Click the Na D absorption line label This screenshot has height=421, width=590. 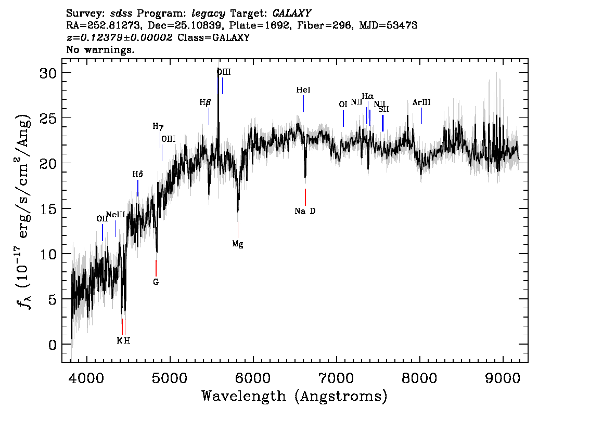click(305, 211)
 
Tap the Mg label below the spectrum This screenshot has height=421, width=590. click(238, 244)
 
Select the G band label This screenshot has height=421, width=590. click(156, 282)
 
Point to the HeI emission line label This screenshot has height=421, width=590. click(303, 90)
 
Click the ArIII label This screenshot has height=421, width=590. click(421, 102)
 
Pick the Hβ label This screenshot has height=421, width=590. click(205, 102)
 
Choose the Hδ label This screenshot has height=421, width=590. click(138, 174)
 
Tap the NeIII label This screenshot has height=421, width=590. click(116, 215)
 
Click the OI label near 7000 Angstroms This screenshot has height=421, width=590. click(343, 104)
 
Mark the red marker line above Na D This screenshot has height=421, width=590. click(305, 197)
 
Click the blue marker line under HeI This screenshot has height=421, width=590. click(304, 104)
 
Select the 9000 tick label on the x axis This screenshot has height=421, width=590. click(503, 378)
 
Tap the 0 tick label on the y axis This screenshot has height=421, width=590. click(53, 345)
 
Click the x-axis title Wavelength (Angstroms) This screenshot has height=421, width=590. click(294, 396)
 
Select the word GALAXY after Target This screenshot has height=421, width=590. click(291, 14)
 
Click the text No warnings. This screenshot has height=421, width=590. click(100, 49)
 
